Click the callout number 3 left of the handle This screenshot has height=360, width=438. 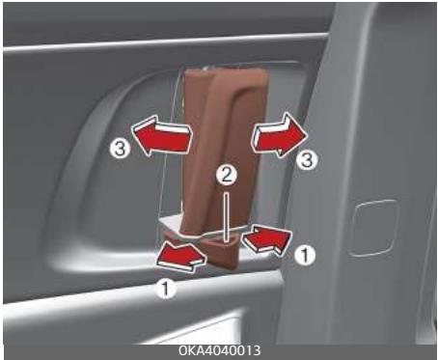tap(117, 150)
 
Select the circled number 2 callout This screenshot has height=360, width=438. tap(225, 177)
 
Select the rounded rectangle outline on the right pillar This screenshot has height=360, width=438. tap(374, 227)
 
